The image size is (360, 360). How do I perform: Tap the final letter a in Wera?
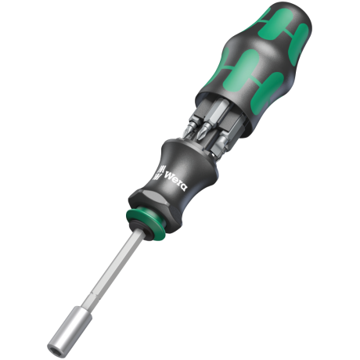tap(184, 187)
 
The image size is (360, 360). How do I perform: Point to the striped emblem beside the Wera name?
tap(159, 172)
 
